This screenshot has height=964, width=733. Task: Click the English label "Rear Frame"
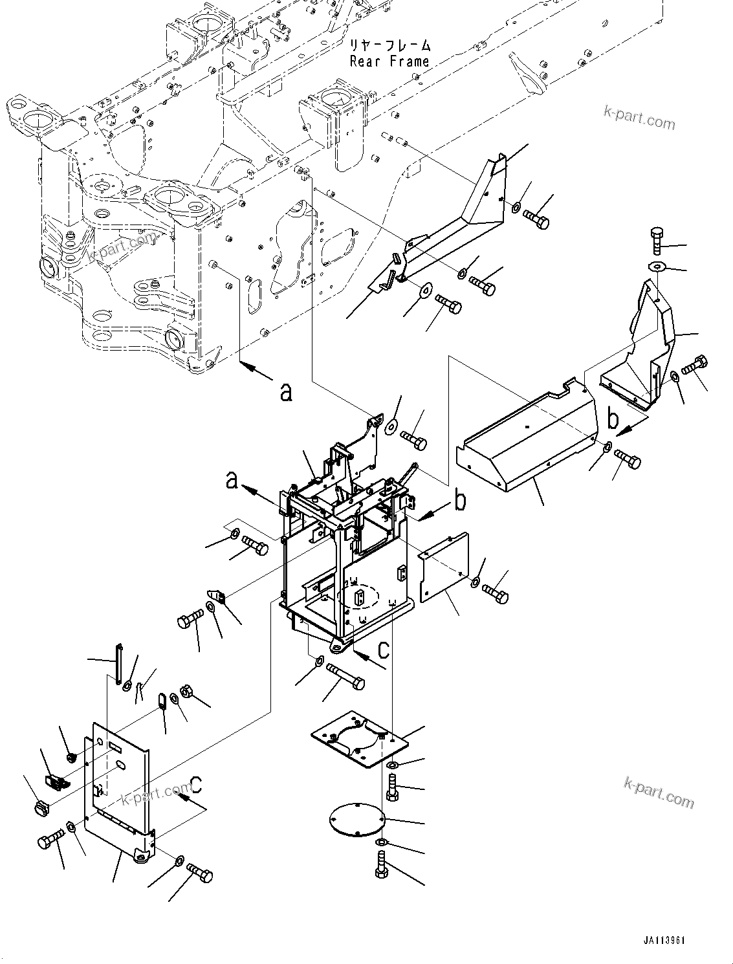point(389,61)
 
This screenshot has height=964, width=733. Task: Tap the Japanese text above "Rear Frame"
point(389,45)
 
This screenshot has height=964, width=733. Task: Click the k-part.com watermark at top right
point(638,118)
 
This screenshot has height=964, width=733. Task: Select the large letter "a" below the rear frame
point(285,391)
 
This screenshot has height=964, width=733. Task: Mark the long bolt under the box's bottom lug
point(345,677)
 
